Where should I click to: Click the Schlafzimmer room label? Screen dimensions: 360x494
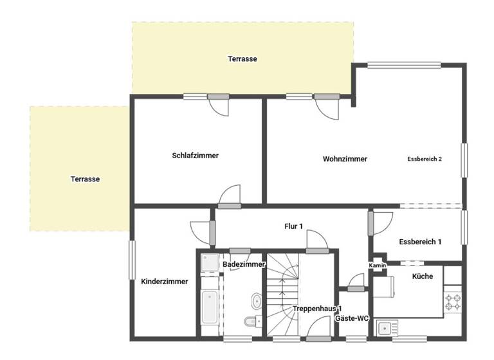[x=195, y=156]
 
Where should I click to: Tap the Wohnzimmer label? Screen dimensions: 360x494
[x=345, y=159]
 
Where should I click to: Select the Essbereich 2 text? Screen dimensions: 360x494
[x=425, y=159]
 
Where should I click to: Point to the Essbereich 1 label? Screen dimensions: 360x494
[x=420, y=242]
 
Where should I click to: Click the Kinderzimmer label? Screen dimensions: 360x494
[x=164, y=281]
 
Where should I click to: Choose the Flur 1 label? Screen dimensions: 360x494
[x=293, y=226]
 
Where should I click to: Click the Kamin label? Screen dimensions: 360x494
[x=377, y=265]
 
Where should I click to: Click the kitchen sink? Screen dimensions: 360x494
[x=385, y=328]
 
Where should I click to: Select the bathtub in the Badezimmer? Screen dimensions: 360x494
[x=209, y=308]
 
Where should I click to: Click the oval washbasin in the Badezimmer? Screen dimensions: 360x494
[x=257, y=300]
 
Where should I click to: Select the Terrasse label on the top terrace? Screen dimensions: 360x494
[x=242, y=59]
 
